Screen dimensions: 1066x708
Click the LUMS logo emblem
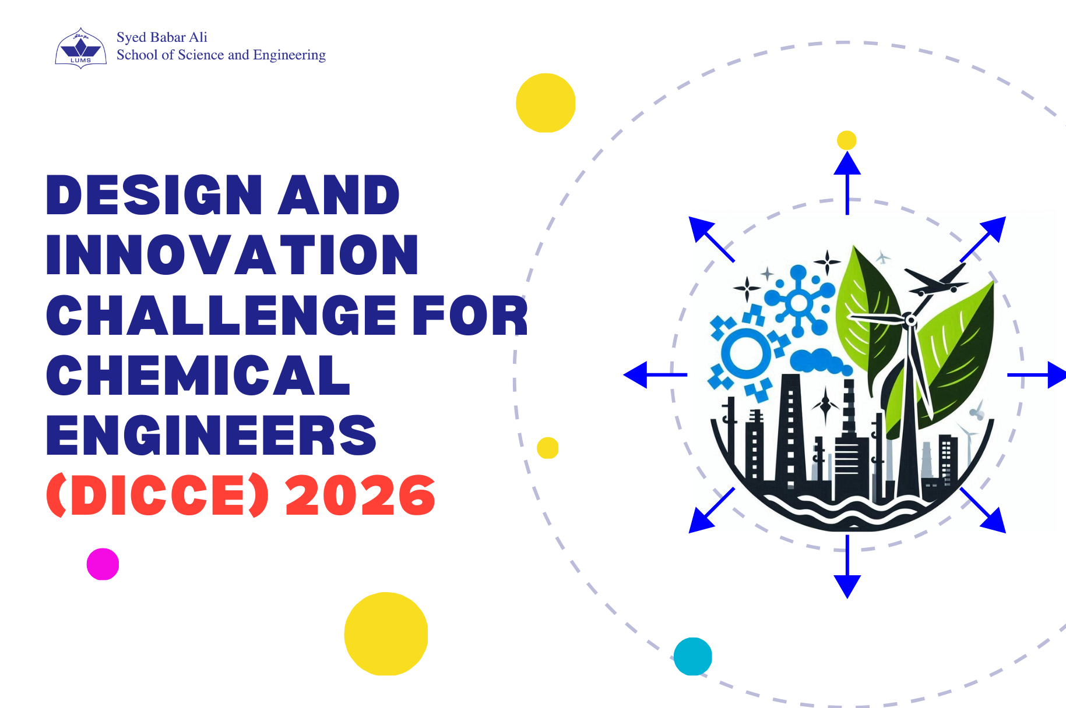pyautogui.click(x=80, y=48)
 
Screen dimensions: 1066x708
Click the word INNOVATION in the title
pyautogui.click(x=232, y=254)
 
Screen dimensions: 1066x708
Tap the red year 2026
pyautogui.click(x=360, y=495)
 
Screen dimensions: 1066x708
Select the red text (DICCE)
pyautogui.click(x=157, y=495)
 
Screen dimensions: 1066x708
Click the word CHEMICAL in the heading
pyautogui.click(x=198, y=375)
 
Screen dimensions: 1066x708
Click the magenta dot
pyautogui.click(x=103, y=564)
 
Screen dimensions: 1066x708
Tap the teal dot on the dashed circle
pyautogui.click(x=693, y=656)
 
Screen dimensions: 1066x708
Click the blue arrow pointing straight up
pyautogui.click(x=847, y=183)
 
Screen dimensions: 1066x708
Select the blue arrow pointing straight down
pyautogui.click(x=847, y=567)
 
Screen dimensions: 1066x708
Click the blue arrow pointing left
pyautogui.click(x=655, y=374)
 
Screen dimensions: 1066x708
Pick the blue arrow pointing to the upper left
pyautogui.click(x=712, y=239)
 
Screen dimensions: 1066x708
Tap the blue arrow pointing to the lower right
pyautogui.click(x=983, y=510)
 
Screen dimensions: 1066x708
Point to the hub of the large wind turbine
pyautogui.click(x=910, y=320)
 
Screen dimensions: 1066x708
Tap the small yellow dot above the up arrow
pyautogui.click(x=846, y=140)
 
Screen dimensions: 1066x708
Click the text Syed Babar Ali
pyautogui.click(x=162, y=37)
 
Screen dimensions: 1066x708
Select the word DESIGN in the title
pyautogui.click(x=154, y=195)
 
